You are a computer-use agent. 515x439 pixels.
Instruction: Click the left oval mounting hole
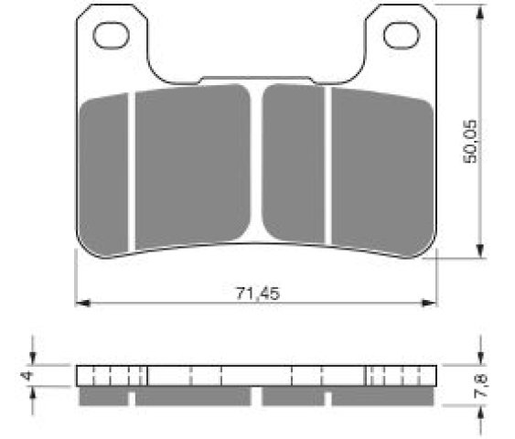(111, 36)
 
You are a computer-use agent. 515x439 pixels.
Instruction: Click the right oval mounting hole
(402, 36)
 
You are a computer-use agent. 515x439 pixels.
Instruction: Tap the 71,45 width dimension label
(258, 294)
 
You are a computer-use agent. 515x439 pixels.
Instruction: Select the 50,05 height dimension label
(469, 142)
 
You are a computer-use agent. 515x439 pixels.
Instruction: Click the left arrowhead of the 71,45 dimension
(82, 303)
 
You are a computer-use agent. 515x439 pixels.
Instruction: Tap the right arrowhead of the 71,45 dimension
(430, 303)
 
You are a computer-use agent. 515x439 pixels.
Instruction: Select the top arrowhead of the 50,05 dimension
(480, 13)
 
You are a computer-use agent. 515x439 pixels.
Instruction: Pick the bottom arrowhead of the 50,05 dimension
(480, 251)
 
